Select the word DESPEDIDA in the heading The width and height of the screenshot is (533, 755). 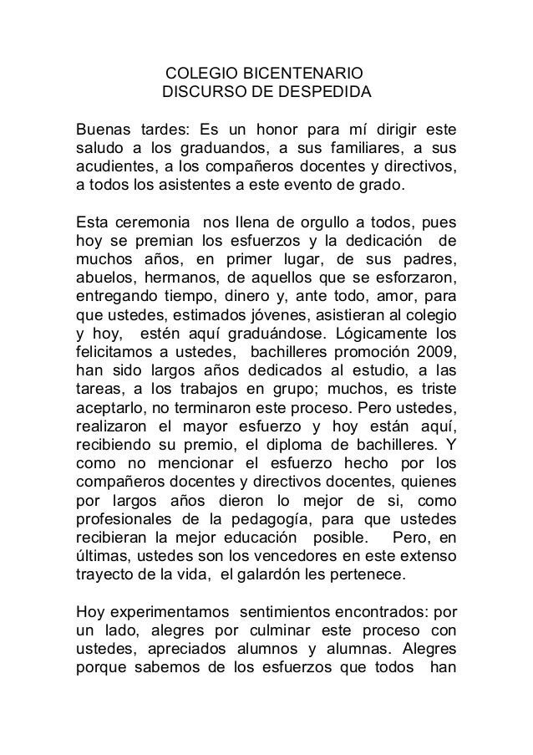[322, 91]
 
